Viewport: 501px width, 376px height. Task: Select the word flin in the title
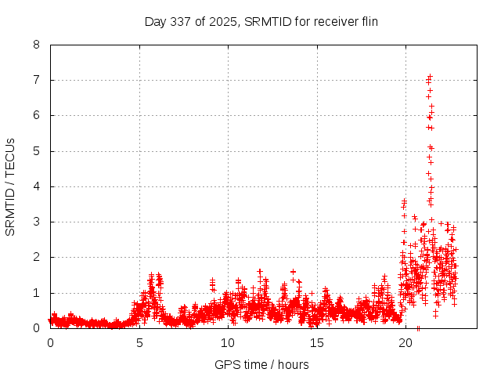pos(366,22)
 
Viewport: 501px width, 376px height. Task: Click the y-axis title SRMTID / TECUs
pos(10,186)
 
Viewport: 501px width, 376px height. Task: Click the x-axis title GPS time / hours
pos(261,364)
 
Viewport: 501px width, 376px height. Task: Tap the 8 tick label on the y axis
pos(36,45)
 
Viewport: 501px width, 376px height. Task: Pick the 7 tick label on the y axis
pos(36,80)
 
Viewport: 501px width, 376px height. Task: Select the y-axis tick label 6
pos(36,115)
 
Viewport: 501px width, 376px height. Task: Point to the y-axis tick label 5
pos(36,151)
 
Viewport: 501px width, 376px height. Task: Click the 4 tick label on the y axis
pos(36,186)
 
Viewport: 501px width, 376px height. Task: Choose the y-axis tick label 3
pos(36,222)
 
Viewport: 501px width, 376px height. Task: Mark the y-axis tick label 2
pos(36,257)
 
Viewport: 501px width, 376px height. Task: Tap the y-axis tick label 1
pos(36,293)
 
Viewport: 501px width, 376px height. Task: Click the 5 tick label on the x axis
pos(139,342)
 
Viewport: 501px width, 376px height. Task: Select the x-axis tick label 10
pos(228,342)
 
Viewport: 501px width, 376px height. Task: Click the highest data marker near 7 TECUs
pos(430,76)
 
